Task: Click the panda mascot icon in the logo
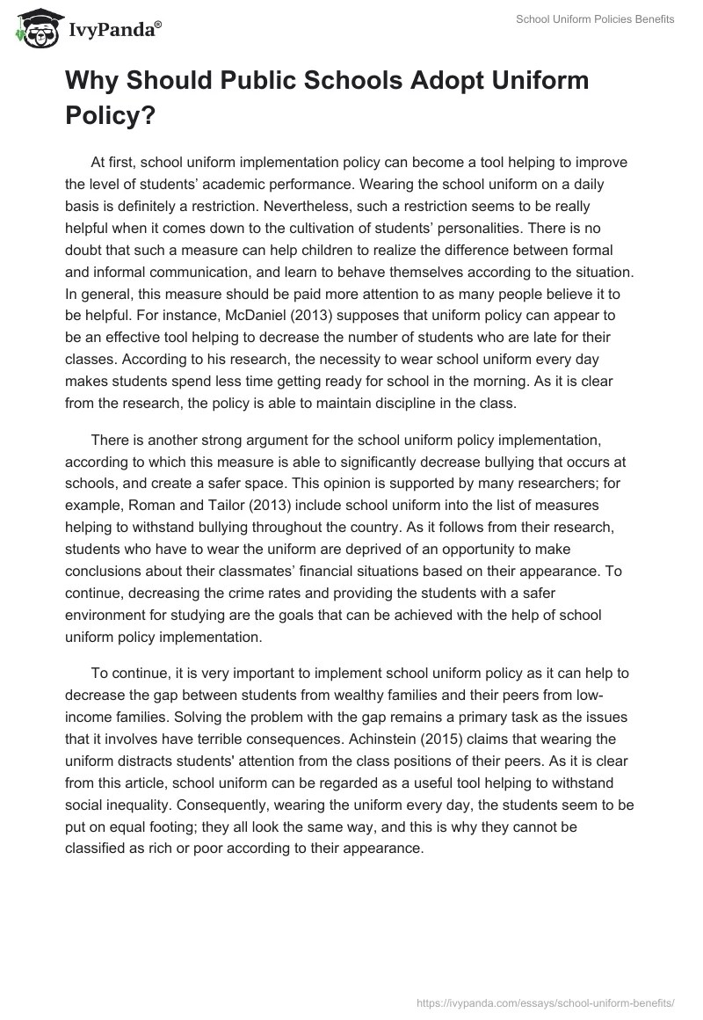pyautogui.click(x=34, y=30)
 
